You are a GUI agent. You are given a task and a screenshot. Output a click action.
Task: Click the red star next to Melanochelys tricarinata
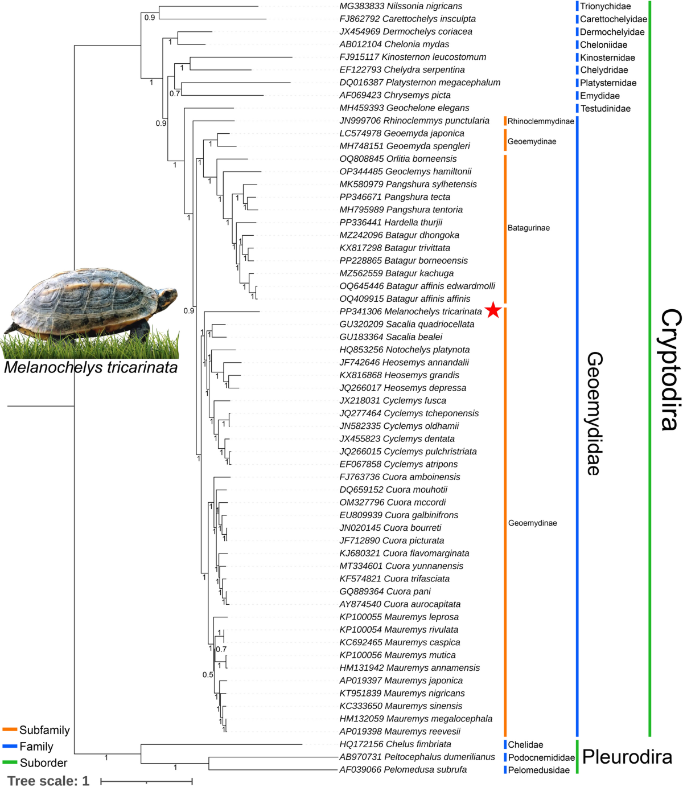(493, 311)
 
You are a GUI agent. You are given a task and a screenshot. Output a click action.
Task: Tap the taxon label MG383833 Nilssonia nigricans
(401, 6)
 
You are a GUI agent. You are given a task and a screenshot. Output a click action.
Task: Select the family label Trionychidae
(605, 6)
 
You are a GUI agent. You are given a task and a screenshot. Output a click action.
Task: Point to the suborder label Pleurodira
(627, 757)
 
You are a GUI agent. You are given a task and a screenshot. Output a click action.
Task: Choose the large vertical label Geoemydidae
(594, 413)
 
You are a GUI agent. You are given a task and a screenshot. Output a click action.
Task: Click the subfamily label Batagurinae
(529, 228)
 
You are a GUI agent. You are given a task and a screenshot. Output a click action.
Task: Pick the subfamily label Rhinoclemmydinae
(540, 121)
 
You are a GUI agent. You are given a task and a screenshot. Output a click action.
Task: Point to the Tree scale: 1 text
(48, 781)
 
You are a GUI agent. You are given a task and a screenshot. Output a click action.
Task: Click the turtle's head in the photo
(165, 298)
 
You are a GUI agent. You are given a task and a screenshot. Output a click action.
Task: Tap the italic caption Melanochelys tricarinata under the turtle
(90, 367)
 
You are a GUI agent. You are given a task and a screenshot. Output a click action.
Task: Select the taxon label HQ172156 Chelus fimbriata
(395, 744)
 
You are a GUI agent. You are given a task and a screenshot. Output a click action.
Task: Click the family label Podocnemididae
(541, 757)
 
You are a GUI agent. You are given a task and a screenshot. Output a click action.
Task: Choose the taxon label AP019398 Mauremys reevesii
(400, 731)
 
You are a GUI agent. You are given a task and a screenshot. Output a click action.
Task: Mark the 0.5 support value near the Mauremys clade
(208, 675)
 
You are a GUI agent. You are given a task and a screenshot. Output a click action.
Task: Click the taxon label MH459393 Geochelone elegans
(404, 108)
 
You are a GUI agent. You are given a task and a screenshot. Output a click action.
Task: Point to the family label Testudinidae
(605, 109)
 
